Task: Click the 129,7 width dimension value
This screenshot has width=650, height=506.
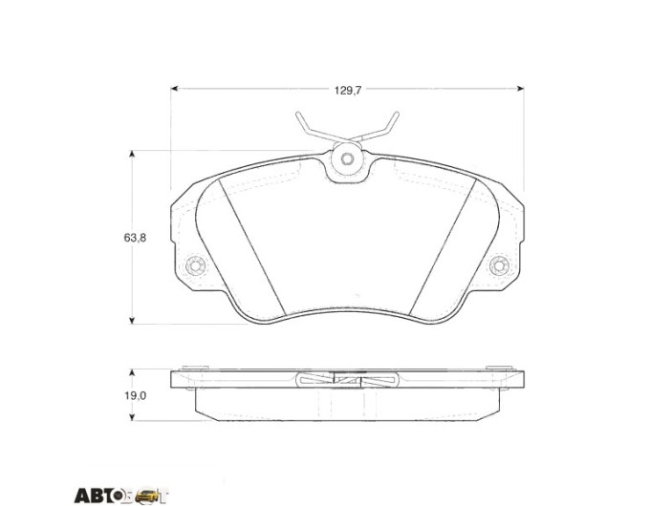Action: pos(348,91)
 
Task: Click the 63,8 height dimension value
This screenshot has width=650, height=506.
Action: pos(135,238)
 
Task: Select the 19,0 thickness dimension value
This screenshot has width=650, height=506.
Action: pos(136,396)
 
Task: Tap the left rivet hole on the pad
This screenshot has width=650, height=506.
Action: pos(196,265)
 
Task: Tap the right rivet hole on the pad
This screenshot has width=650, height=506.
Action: pos(499,265)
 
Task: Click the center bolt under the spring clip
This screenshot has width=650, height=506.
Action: pos(347,158)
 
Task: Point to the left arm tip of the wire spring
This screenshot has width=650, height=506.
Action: pos(297,114)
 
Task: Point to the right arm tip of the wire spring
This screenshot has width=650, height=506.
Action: pos(397,114)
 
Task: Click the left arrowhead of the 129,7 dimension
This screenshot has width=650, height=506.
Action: pos(175,88)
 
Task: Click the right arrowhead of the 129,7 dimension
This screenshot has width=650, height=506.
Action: pos(520,88)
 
